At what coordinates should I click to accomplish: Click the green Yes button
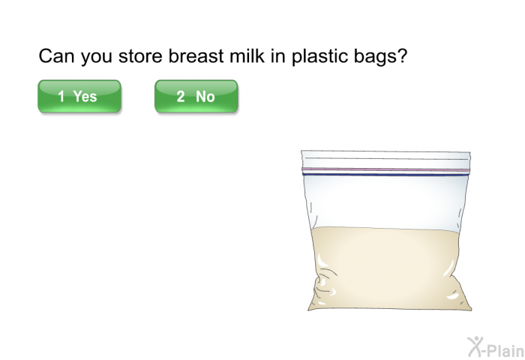(79, 96)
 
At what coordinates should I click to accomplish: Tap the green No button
(196, 96)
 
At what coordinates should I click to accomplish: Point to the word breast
(196, 56)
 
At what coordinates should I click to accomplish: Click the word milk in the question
(247, 55)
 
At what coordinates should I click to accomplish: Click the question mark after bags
(402, 55)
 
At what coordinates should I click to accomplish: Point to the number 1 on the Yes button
(61, 97)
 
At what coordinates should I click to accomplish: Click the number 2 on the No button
(181, 97)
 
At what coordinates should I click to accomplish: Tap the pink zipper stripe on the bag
(385, 169)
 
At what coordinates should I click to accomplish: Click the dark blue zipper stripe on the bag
(385, 174)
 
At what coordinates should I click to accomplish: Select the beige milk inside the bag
(388, 268)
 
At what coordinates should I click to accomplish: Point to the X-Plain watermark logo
(496, 346)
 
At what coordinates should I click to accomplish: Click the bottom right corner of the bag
(472, 310)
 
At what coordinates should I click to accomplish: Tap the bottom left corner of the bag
(308, 310)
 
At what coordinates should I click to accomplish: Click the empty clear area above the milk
(385, 202)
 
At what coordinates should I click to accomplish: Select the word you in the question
(97, 58)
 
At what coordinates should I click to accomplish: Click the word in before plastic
(278, 56)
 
